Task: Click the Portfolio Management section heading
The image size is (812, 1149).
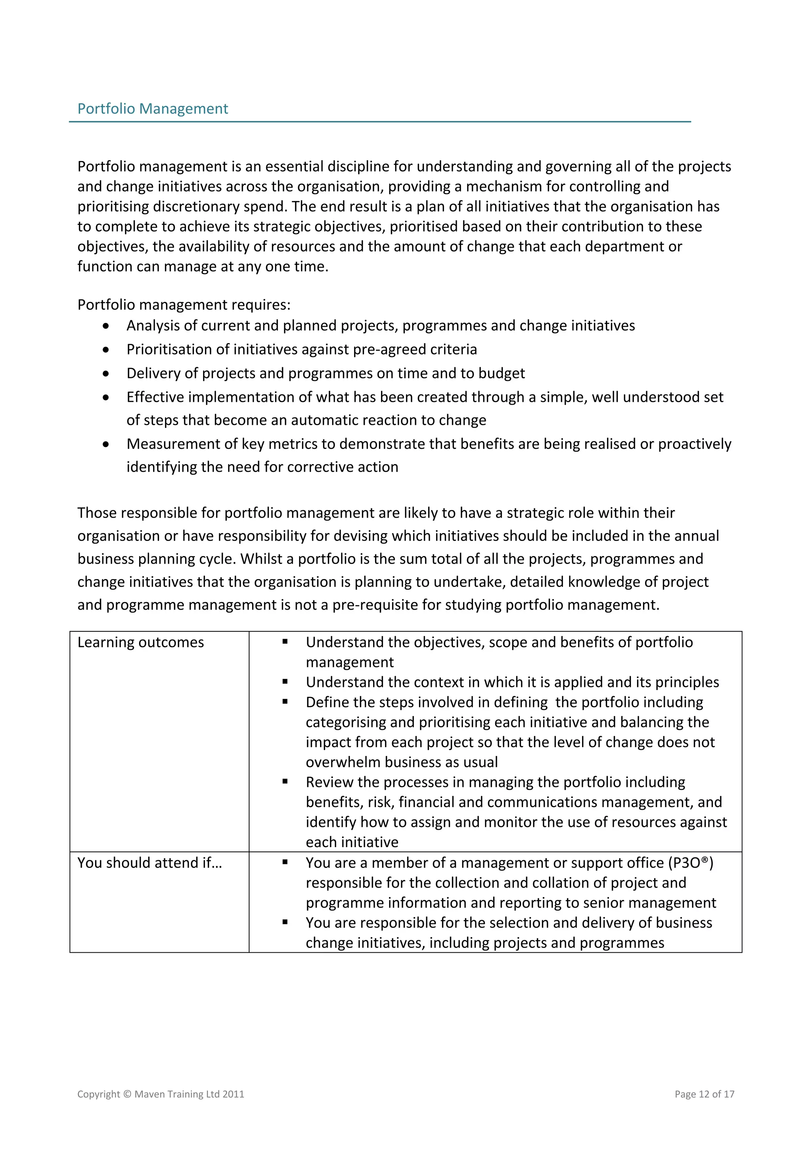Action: pyautogui.click(x=153, y=109)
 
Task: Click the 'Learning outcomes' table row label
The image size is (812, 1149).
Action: pyautogui.click(x=141, y=642)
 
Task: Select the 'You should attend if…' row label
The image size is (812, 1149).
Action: pyautogui.click(x=149, y=863)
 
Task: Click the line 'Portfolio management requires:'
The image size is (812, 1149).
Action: pyautogui.click(x=184, y=304)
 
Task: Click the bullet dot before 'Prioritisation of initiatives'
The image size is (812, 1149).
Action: pyautogui.click(x=105, y=350)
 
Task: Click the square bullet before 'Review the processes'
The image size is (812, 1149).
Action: pyautogui.click(x=285, y=782)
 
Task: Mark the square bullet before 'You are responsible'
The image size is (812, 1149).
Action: pyautogui.click(x=285, y=922)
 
